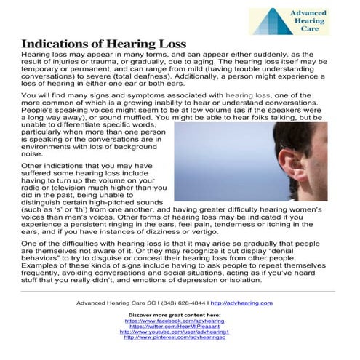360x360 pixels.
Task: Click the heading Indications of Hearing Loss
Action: [103, 44]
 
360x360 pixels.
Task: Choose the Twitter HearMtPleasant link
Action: [175, 326]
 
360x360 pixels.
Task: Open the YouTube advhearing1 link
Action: [175, 332]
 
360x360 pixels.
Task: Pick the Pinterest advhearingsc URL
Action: [175, 337]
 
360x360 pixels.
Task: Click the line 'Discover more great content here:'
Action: [175, 314]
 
